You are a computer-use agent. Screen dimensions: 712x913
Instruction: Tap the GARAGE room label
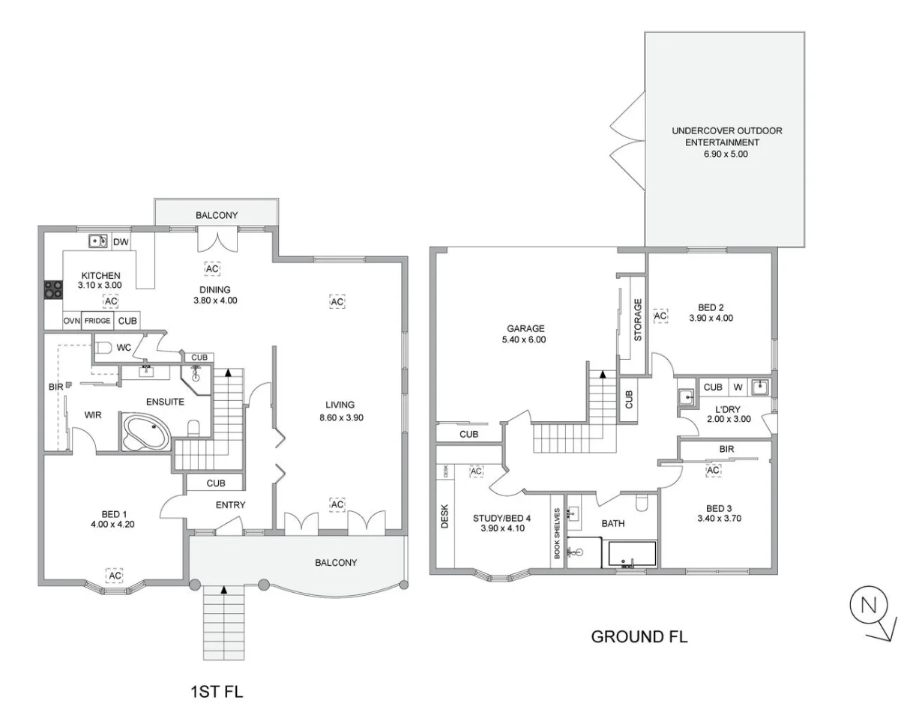[x=525, y=328]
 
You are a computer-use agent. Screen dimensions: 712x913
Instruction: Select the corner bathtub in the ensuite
[x=147, y=433]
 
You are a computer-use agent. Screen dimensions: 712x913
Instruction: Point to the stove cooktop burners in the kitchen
[x=52, y=289]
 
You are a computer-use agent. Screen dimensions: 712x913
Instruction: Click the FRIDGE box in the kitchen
[x=97, y=321]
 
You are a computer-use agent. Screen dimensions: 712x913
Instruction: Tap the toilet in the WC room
[x=103, y=348]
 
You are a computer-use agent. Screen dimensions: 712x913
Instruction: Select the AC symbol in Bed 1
[x=114, y=575]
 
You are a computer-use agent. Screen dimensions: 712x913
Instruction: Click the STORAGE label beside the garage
[x=639, y=320]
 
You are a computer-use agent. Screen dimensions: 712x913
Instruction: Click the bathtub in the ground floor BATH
[x=632, y=554]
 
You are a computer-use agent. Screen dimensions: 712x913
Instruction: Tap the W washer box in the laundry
[x=737, y=387]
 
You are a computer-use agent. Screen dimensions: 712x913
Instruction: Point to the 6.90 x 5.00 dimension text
[x=726, y=154]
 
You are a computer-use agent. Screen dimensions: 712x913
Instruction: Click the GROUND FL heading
[x=639, y=638]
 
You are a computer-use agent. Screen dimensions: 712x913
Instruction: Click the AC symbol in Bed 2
[x=660, y=316]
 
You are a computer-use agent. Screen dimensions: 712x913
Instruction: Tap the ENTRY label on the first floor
[x=230, y=505]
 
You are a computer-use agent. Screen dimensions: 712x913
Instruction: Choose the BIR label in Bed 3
[x=726, y=449]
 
